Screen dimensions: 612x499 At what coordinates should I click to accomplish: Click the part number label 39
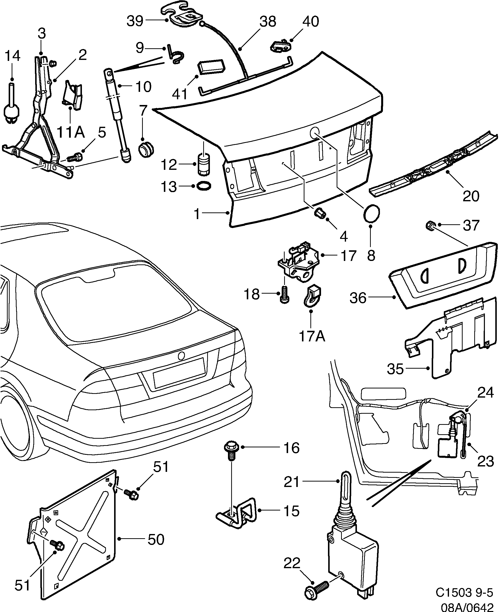[135, 21]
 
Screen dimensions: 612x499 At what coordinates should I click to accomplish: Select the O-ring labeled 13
[204, 186]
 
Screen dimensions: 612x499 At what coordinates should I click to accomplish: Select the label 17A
[312, 336]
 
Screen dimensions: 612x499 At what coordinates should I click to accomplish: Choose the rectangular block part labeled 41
[211, 66]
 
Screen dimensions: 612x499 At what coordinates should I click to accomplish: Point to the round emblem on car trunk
[182, 356]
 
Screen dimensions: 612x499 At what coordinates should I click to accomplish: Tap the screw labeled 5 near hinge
[75, 157]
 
